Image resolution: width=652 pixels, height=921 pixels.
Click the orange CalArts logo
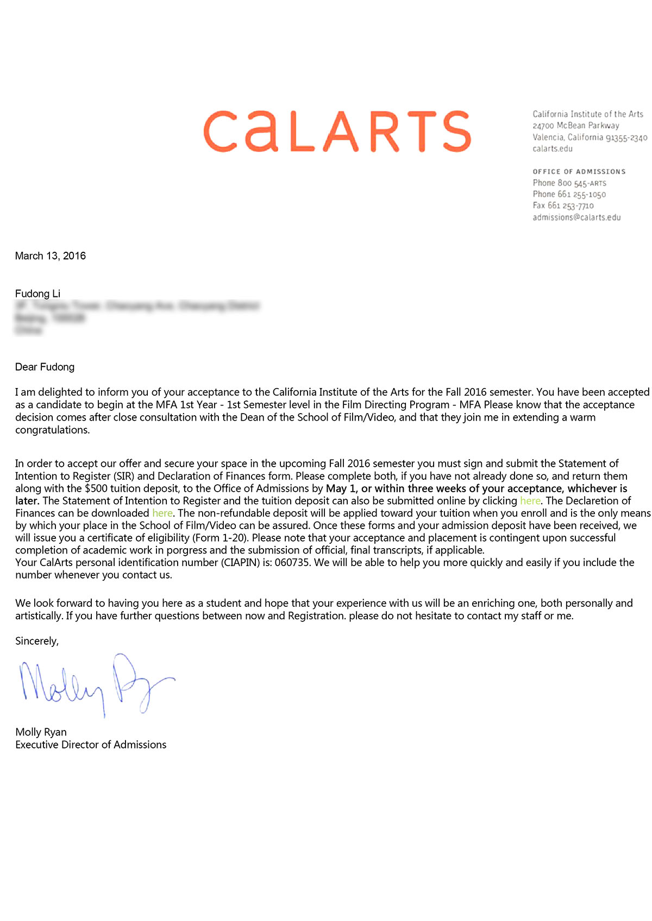coord(337,131)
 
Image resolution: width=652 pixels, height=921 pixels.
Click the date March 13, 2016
coord(51,256)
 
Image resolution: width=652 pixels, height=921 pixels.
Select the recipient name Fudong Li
coord(37,294)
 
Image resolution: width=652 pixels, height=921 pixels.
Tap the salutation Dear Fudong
coord(45,367)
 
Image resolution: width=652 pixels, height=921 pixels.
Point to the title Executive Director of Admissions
coord(91,745)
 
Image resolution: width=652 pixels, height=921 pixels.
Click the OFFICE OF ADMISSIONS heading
coord(579,172)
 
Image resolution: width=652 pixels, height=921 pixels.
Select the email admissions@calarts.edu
coord(576,217)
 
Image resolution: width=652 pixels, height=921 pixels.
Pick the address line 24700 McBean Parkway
coord(575,125)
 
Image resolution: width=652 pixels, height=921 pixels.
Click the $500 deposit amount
coord(96,488)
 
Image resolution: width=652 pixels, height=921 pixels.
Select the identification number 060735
coord(292,563)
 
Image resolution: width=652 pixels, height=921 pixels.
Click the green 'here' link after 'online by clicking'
coord(530,501)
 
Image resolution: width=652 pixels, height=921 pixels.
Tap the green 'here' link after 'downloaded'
coord(162,513)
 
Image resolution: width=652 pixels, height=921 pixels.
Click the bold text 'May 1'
coord(340,488)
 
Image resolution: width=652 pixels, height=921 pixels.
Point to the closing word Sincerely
coord(36,641)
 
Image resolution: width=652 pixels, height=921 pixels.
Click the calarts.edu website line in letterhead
coord(552,149)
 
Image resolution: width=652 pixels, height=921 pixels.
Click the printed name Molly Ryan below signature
coord(41,732)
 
